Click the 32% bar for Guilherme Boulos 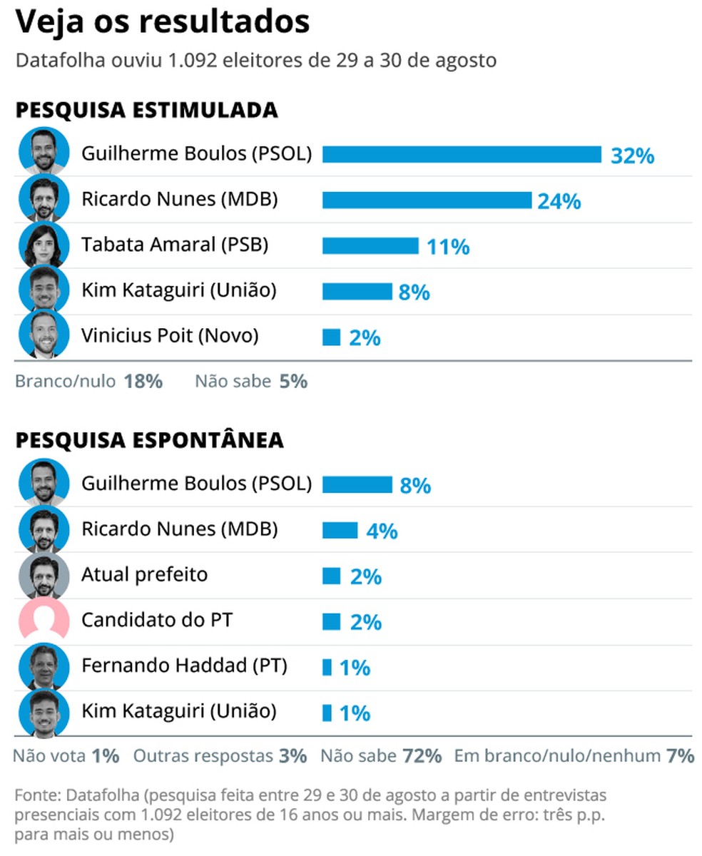click(x=462, y=154)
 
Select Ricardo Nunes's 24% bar click(x=427, y=200)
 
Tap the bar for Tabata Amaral click(x=370, y=246)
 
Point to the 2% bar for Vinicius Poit click(x=331, y=337)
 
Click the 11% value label click(x=448, y=247)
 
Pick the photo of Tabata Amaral click(x=44, y=245)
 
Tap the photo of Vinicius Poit click(x=44, y=335)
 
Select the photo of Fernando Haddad click(x=44, y=666)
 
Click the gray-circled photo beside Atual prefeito click(x=44, y=575)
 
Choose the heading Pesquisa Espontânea click(x=149, y=440)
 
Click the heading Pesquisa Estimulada click(x=146, y=111)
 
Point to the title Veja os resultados click(x=163, y=23)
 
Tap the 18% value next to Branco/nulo click(x=143, y=382)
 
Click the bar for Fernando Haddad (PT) click(x=327, y=668)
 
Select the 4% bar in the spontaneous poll click(x=340, y=531)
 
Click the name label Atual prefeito click(x=144, y=574)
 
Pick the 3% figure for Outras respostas click(x=292, y=755)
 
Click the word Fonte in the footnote click(x=33, y=795)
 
